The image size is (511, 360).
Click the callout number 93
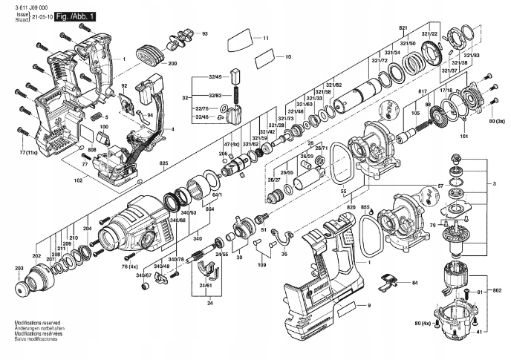[204, 34]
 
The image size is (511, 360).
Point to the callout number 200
[172, 65]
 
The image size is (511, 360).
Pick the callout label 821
[403, 27]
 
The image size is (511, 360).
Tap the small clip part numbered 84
[388, 281]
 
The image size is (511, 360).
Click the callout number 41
[479, 330]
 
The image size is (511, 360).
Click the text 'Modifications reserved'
[37, 324]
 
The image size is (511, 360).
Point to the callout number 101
[464, 136]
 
